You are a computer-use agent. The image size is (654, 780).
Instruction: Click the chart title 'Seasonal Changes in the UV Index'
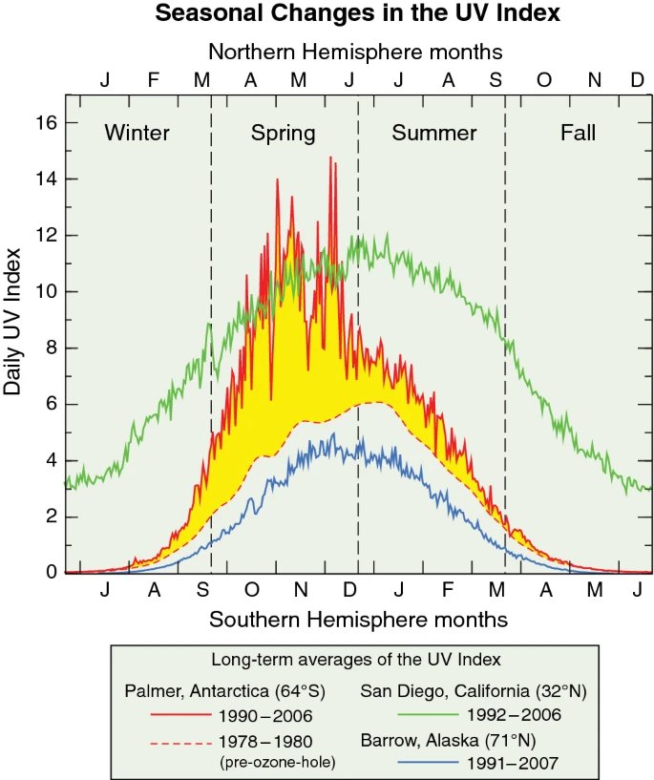coord(357,13)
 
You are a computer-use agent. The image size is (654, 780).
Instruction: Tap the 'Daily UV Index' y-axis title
coord(12,322)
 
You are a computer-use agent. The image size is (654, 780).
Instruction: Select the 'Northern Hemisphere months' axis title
coord(355,52)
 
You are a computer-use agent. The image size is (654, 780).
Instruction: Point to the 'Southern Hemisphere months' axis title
coord(358,620)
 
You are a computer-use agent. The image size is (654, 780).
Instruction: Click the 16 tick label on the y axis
coord(46,122)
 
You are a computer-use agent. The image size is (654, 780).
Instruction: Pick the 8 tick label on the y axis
coord(52,348)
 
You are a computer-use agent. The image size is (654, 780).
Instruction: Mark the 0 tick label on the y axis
coord(52,572)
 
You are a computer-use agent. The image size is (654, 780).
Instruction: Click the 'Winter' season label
coord(137,133)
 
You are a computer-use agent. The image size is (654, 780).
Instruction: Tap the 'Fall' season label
coord(578,133)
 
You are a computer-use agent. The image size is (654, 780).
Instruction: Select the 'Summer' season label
coord(433,133)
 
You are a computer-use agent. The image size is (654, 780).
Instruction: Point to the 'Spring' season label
coord(283,134)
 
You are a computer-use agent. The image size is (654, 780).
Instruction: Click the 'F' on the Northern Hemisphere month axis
coord(154,79)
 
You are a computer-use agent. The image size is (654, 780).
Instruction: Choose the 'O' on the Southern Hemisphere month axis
coord(252,590)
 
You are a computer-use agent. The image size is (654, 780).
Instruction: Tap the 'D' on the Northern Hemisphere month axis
coord(637,79)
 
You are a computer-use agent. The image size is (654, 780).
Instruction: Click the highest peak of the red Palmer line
coord(330,158)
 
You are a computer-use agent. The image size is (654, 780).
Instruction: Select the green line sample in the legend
coord(428,714)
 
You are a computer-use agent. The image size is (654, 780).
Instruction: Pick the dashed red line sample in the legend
coord(181,743)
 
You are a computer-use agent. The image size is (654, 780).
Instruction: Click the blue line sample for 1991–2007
coord(428,762)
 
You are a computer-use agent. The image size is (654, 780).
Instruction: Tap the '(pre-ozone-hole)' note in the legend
coord(278,762)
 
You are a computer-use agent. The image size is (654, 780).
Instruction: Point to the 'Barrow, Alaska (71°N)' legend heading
coord(448,740)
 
